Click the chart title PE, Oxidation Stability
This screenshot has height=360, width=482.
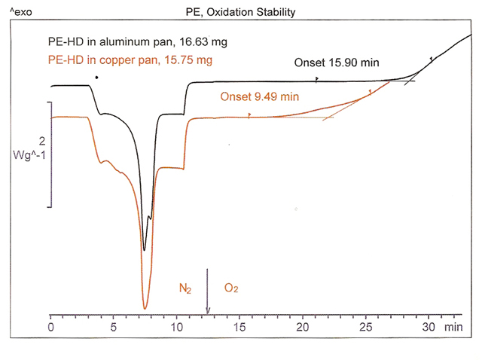(240, 12)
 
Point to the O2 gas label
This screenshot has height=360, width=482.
(231, 288)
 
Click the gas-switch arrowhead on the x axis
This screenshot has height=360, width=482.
(208, 310)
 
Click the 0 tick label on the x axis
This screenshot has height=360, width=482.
(50, 328)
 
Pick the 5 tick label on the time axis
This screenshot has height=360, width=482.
(114, 328)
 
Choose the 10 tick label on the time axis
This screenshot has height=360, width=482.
(176, 328)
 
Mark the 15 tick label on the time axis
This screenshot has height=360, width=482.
(239, 328)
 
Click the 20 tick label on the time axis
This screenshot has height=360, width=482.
(303, 328)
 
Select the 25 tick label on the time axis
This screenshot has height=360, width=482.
(366, 328)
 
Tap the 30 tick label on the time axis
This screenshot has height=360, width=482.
(429, 328)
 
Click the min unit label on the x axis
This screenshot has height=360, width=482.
(453, 328)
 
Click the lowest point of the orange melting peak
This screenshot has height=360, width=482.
(145, 308)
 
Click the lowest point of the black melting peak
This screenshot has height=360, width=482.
(144, 249)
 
